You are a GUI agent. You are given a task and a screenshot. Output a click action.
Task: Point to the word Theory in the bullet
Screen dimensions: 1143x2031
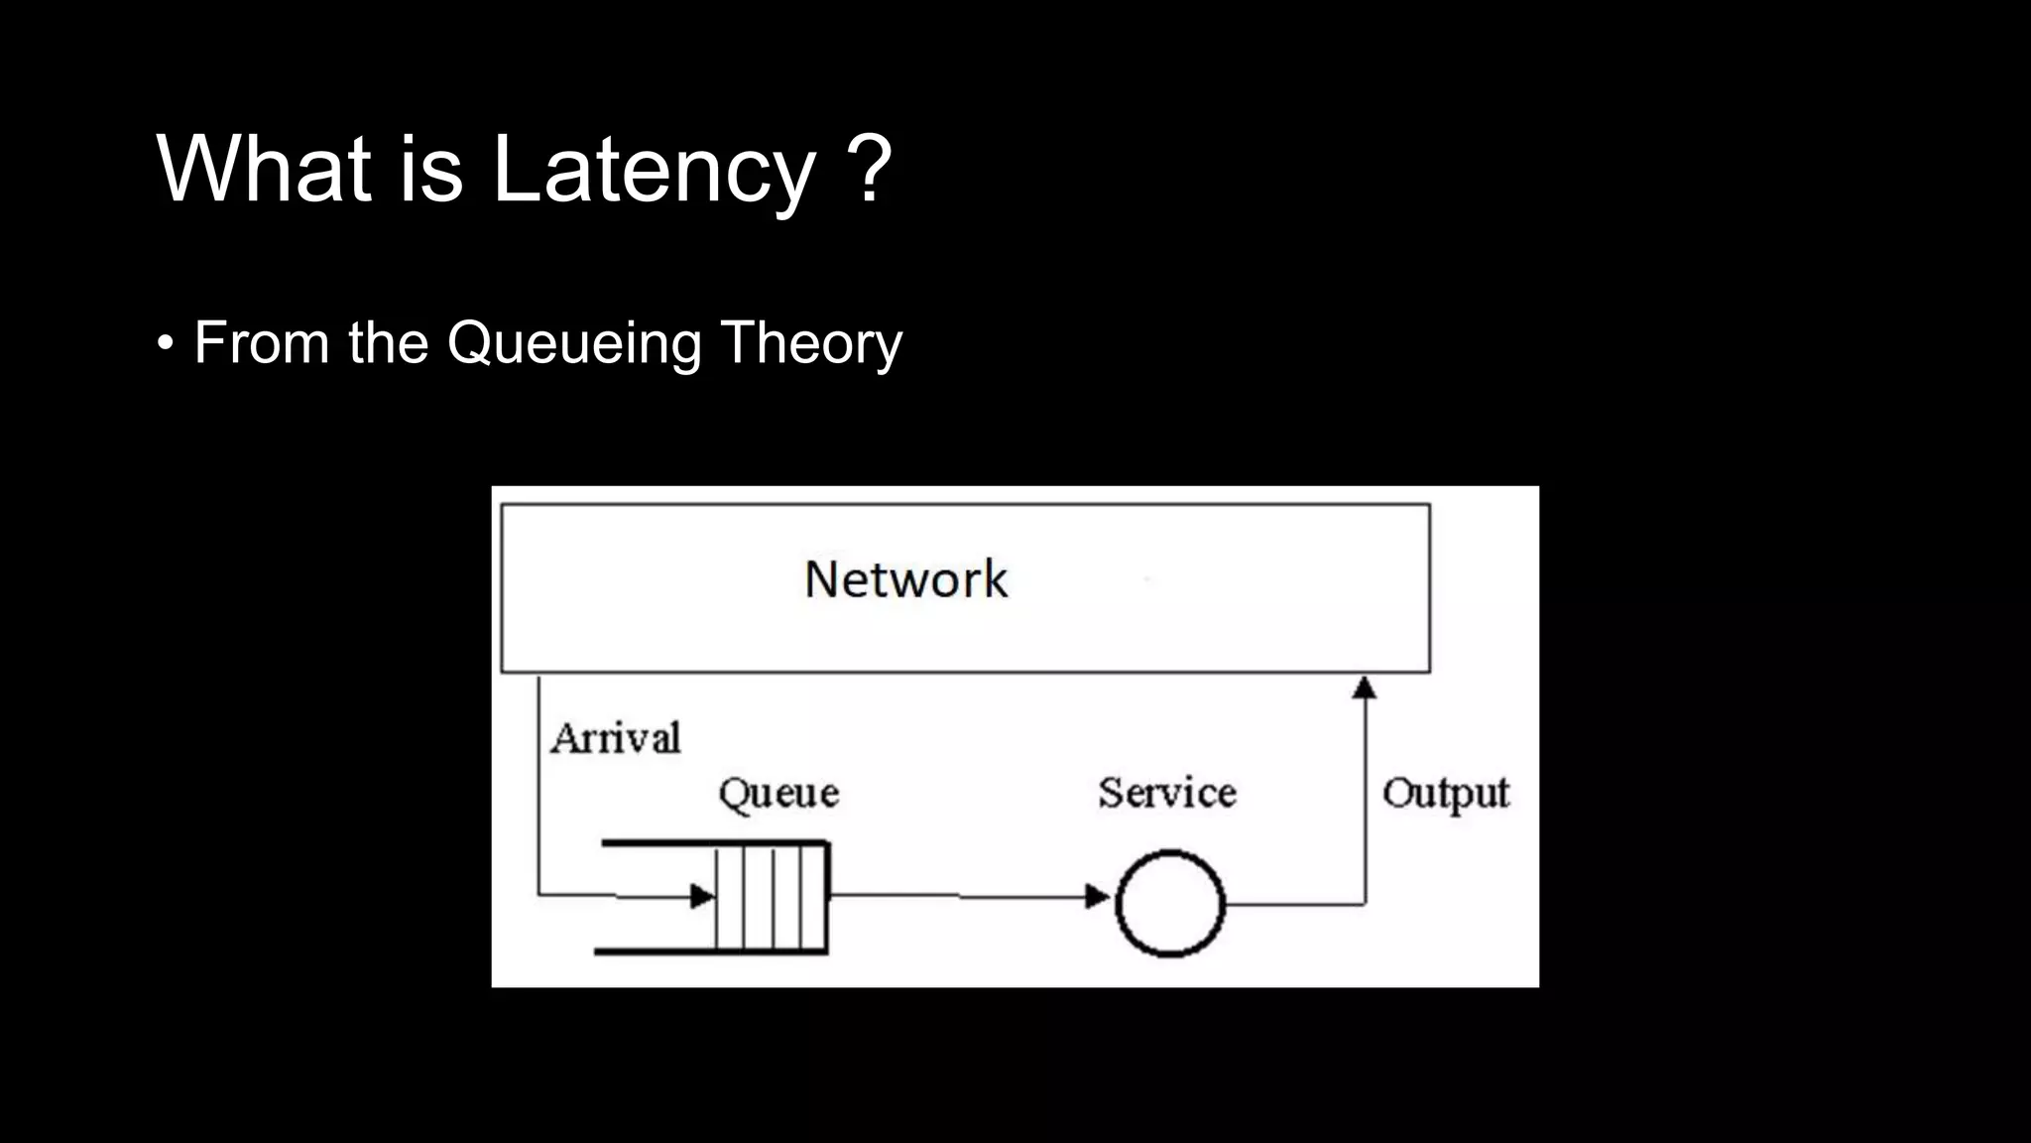pyautogui.click(x=811, y=344)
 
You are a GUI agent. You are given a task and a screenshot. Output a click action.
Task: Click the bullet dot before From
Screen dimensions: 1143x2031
pyautogui.click(x=166, y=345)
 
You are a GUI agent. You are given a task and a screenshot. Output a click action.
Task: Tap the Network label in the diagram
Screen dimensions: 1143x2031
pyautogui.click(x=905, y=579)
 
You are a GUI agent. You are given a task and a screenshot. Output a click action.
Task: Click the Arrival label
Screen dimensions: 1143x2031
pyautogui.click(x=616, y=738)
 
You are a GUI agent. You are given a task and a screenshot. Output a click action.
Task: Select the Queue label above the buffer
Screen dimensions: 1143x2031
pyautogui.click(x=778, y=794)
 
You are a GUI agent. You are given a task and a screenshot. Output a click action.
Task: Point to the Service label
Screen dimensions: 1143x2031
pyautogui.click(x=1167, y=793)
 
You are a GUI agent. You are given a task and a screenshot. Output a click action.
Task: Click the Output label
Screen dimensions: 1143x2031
pyautogui.click(x=1445, y=794)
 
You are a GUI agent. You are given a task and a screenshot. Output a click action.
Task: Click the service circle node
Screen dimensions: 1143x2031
pyautogui.click(x=1170, y=903)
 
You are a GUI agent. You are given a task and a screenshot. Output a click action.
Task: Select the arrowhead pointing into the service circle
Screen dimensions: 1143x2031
pyautogui.click(x=1097, y=897)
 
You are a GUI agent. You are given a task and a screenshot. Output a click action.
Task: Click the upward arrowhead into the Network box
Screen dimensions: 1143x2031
pyautogui.click(x=1365, y=687)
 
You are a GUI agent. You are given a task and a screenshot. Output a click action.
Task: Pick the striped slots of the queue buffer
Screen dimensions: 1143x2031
pyautogui.click(x=773, y=897)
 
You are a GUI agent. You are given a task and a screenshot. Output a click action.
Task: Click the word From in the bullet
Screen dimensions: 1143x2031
pyautogui.click(x=261, y=344)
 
